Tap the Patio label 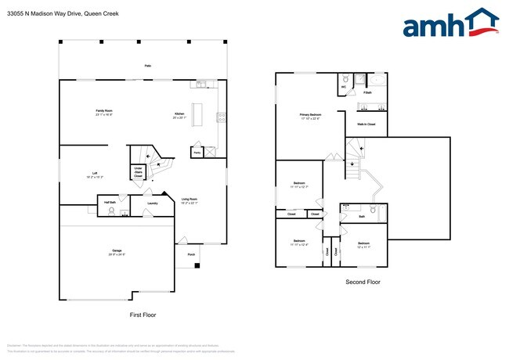point(147,66)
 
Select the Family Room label point(104,112)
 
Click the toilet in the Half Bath point(112,210)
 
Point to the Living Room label point(190,200)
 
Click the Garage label point(116,252)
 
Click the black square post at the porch point(197,266)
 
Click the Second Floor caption point(363,282)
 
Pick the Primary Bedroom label point(310,116)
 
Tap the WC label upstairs point(343,87)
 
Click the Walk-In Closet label point(366,124)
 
